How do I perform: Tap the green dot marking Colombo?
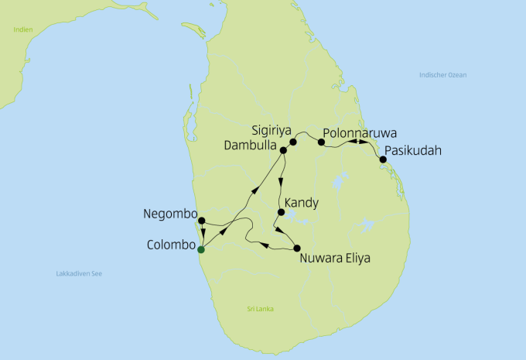pyautogui.click(x=201, y=249)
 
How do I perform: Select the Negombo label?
pyautogui.click(x=170, y=214)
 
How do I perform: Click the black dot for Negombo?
pyautogui.click(x=201, y=221)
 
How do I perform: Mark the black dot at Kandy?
pyautogui.click(x=281, y=212)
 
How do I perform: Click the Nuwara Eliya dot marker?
pyautogui.click(x=297, y=249)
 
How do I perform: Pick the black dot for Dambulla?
pyautogui.click(x=283, y=149)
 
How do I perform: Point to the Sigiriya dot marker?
pyautogui.click(x=293, y=142)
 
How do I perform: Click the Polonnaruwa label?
pyautogui.click(x=360, y=132)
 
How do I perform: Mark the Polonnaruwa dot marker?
pyautogui.click(x=321, y=142)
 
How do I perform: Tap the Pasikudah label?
pyautogui.click(x=413, y=151)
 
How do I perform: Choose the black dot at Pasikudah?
pyautogui.click(x=382, y=159)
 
